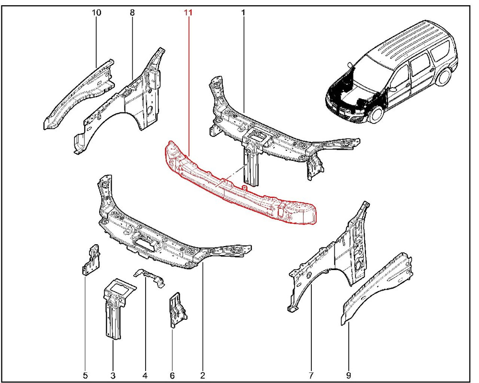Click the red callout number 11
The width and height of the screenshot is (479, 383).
click(188, 13)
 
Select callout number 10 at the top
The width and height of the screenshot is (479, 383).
click(97, 13)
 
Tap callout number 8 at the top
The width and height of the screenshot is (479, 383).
click(132, 13)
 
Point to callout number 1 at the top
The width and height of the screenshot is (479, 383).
click(243, 13)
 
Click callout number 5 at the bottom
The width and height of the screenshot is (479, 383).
click(85, 375)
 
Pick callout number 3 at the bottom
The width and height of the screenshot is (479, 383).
click(113, 375)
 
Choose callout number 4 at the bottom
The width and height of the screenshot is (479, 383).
click(145, 375)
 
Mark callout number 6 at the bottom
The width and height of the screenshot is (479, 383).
click(172, 375)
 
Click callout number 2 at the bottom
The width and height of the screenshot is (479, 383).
click(202, 375)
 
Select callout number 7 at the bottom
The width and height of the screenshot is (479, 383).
click(312, 375)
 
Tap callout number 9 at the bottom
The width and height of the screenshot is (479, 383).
click(349, 375)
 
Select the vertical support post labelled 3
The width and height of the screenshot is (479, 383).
click(115, 308)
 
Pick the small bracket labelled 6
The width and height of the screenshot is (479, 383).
click(177, 310)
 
